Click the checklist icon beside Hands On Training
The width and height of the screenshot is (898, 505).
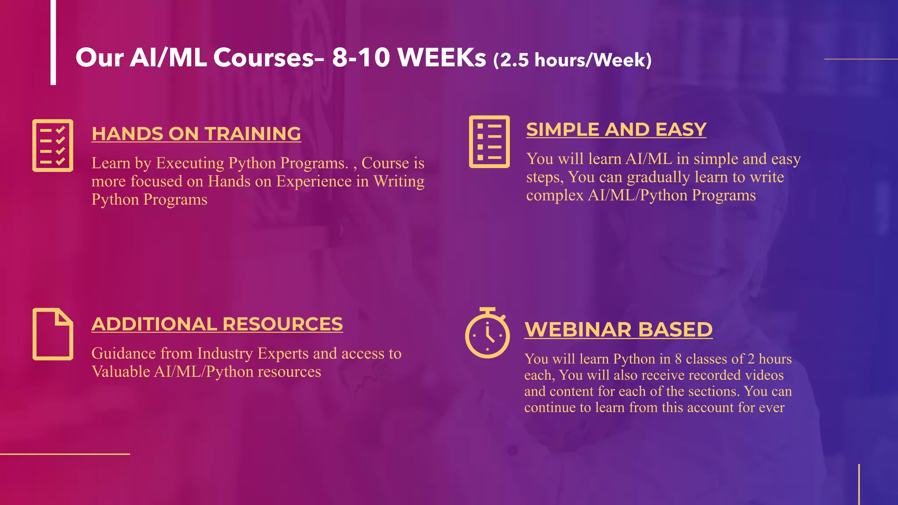(x=53, y=146)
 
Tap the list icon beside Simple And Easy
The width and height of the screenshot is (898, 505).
(x=489, y=142)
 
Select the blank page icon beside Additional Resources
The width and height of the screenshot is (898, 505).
(x=53, y=334)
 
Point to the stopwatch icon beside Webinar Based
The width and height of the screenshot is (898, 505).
(x=487, y=334)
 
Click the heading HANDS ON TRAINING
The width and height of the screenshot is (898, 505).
(x=196, y=134)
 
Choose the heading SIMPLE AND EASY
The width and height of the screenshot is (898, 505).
(x=616, y=129)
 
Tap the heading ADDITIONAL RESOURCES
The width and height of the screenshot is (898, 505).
(x=217, y=324)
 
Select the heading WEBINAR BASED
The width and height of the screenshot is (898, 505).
(x=618, y=330)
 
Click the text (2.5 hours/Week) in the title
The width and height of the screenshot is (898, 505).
(x=572, y=60)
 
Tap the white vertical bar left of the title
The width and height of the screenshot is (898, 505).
(x=53, y=42)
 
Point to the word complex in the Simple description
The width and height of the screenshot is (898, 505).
(x=555, y=196)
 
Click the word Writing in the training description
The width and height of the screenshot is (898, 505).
(x=399, y=181)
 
